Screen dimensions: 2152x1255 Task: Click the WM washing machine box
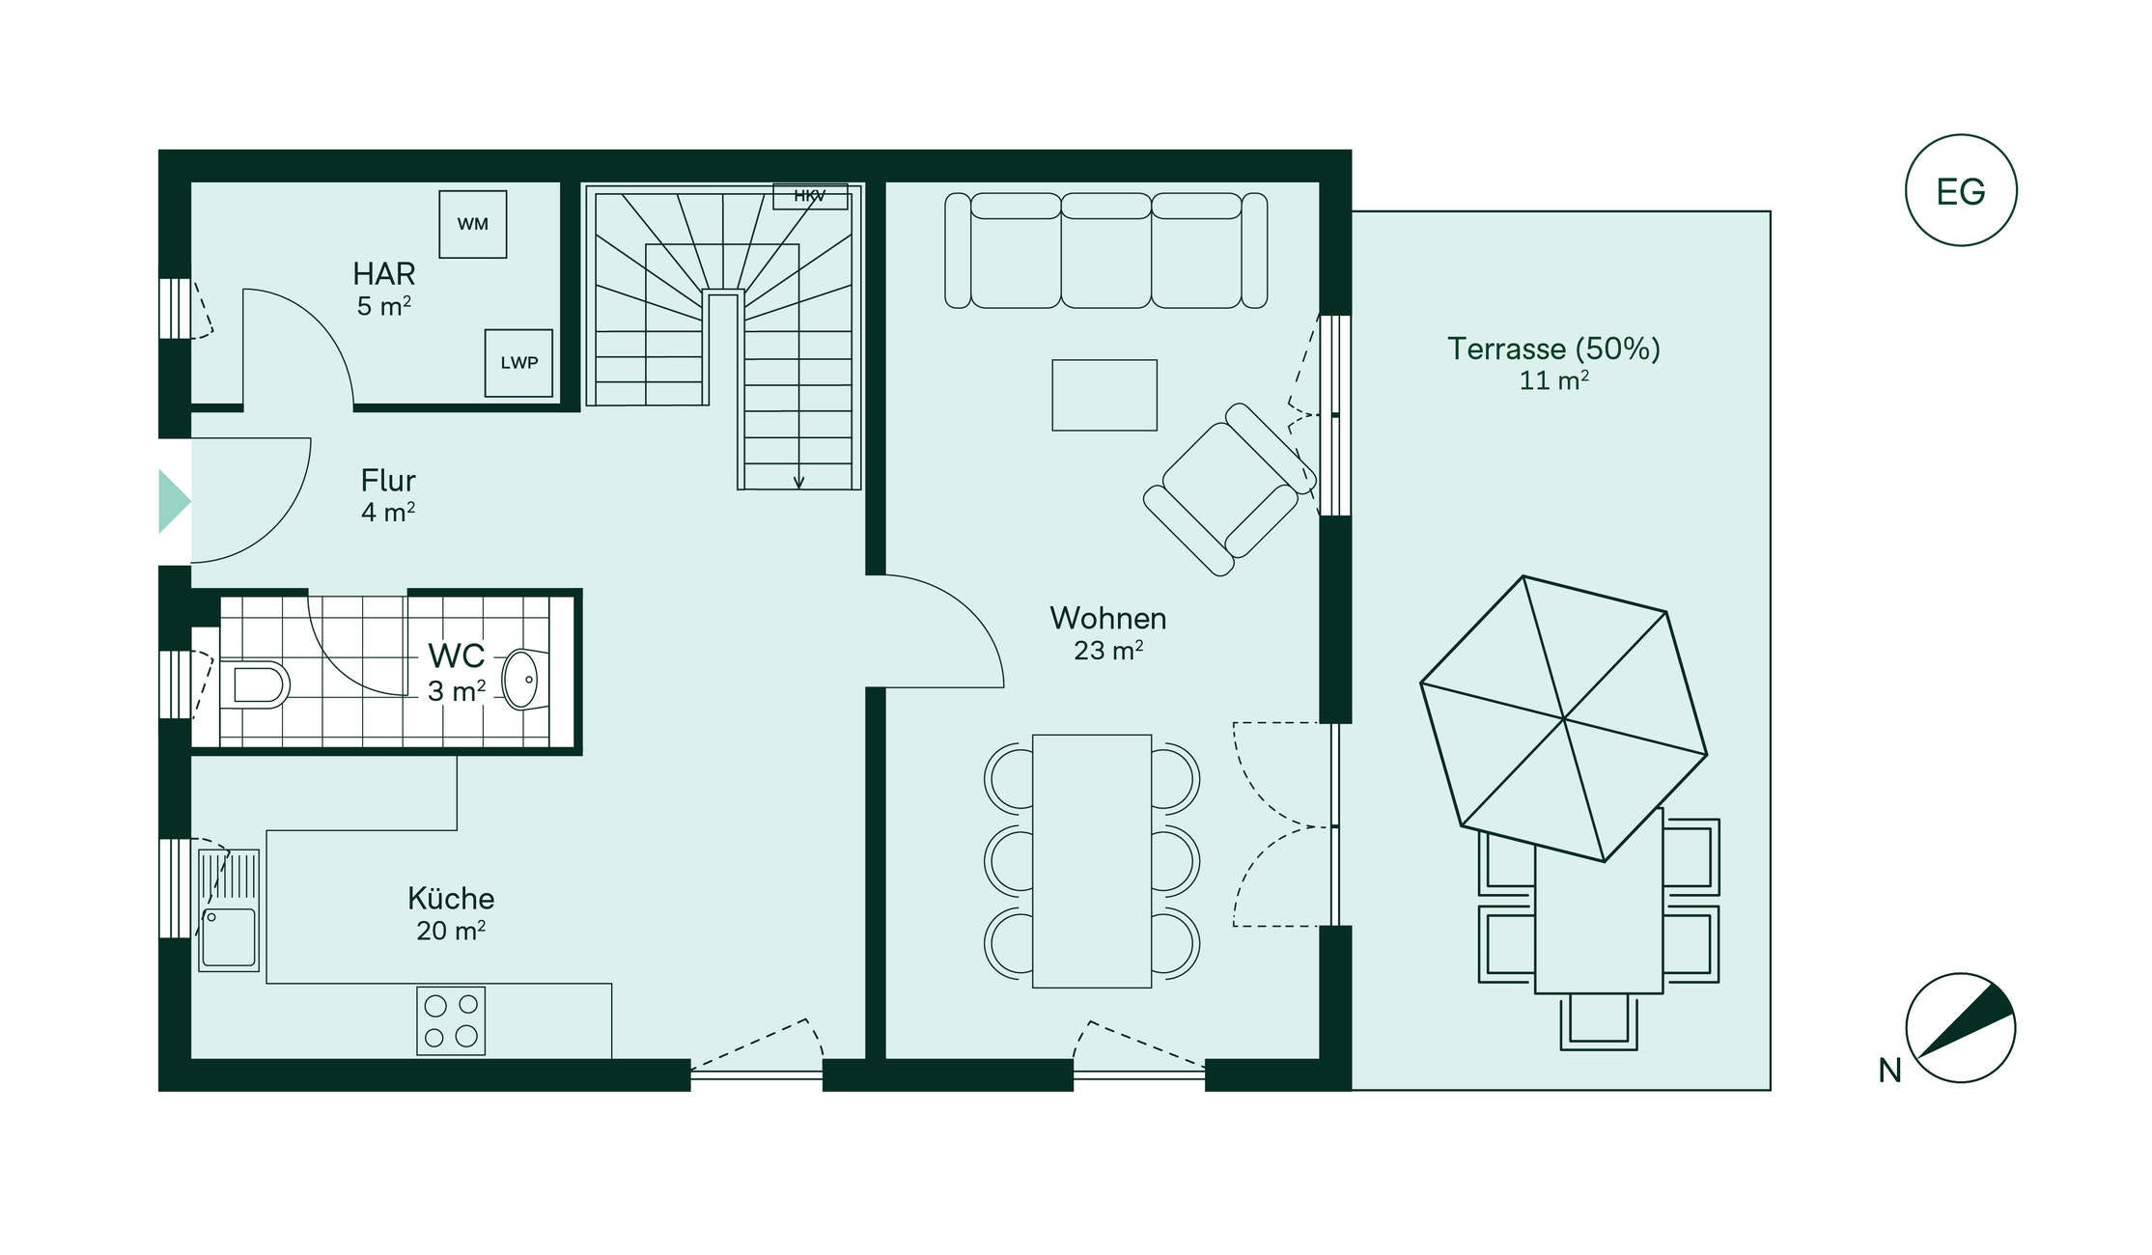[473, 224]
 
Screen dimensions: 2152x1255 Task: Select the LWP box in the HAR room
[519, 363]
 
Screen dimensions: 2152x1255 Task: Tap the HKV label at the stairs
[810, 196]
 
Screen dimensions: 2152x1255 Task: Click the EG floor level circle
[1961, 190]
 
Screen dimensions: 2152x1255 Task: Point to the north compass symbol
[1961, 1027]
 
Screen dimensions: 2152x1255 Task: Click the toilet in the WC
[255, 684]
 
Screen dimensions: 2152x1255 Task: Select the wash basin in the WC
[521, 679]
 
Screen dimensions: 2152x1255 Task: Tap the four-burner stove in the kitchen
[451, 1020]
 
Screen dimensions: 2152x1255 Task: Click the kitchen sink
[229, 910]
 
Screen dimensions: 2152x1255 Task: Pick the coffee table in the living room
[1104, 395]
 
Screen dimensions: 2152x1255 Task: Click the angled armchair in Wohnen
[1229, 489]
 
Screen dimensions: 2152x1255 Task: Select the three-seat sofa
[1106, 250]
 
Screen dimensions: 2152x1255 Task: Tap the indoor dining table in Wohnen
[1092, 861]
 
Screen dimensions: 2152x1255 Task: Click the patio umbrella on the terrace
[1564, 718]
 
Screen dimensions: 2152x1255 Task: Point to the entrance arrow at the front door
[175, 501]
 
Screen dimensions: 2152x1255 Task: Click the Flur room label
[388, 480]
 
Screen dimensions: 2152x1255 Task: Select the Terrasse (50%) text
[1553, 349]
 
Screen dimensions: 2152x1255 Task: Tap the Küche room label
[451, 898]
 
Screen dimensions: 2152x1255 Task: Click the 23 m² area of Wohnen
[1108, 651]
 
